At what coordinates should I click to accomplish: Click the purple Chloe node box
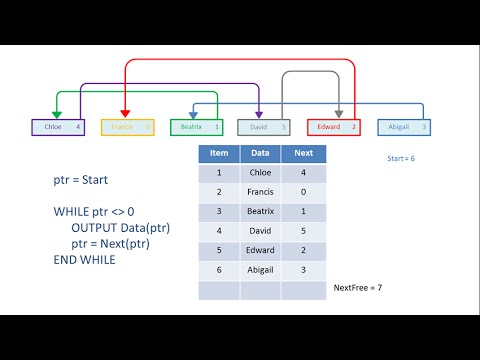(59, 127)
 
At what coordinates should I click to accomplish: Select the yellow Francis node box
(127, 127)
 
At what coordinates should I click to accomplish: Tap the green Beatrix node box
(196, 127)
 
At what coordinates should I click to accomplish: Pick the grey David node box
(264, 127)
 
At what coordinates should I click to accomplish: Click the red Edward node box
(333, 127)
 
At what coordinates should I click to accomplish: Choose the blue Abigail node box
(404, 127)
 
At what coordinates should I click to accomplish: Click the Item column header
(219, 154)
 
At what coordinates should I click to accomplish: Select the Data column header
(260, 154)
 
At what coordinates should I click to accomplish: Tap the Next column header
(302, 154)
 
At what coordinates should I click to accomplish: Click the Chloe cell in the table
(260, 172)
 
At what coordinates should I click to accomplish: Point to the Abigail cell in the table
(260, 268)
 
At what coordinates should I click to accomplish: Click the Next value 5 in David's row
(302, 229)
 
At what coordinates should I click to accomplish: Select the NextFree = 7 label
(358, 288)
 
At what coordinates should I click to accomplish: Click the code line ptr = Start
(82, 182)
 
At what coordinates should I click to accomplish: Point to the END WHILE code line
(85, 260)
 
